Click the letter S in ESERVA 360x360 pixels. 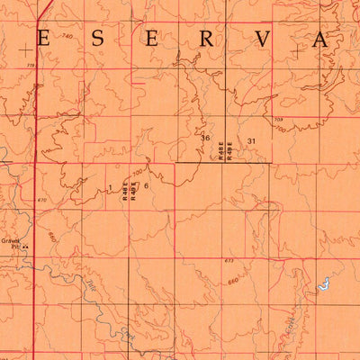(x=96, y=39)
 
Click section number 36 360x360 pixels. (x=206, y=138)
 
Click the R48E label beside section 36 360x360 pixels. (x=220, y=148)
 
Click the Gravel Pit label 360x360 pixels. (x=10, y=243)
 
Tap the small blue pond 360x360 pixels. (x=321, y=286)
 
